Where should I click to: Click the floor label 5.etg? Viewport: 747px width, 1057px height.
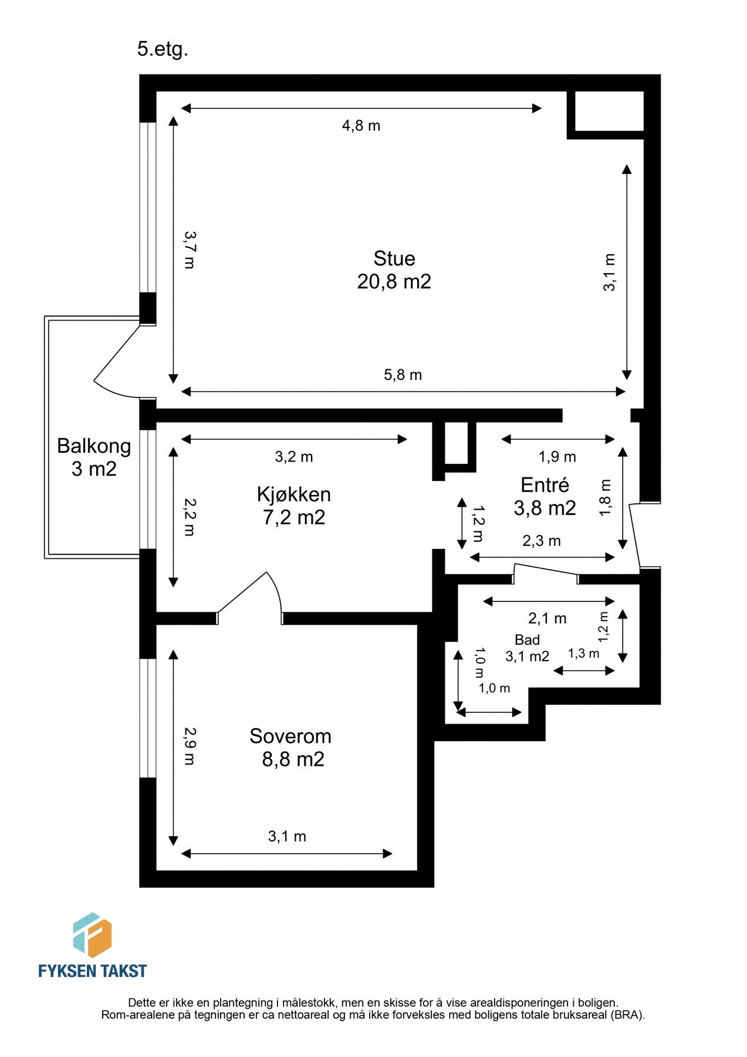click(163, 49)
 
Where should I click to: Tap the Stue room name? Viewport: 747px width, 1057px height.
click(394, 258)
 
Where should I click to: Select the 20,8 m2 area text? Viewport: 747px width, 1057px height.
click(394, 282)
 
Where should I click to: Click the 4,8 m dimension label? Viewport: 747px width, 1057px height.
click(361, 126)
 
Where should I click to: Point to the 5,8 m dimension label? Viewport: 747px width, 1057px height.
click(403, 375)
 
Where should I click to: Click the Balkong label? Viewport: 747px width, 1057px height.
click(94, 446)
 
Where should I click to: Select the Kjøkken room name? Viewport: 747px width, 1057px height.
click(293, 494)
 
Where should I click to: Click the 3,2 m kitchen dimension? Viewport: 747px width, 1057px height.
click(293, 457)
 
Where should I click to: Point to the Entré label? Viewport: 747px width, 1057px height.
click(545, 485)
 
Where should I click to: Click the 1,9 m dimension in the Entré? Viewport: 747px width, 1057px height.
click(557, 457)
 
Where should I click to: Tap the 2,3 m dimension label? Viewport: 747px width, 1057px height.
click(541, 541)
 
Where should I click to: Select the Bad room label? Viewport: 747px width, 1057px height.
click(527, 640)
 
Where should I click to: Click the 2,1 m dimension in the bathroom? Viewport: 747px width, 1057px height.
click(547, 618)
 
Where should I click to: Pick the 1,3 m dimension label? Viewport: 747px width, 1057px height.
click(583, 654)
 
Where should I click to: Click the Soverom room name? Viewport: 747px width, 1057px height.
click(290, 736)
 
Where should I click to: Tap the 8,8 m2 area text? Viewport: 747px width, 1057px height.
click(293, 760)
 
